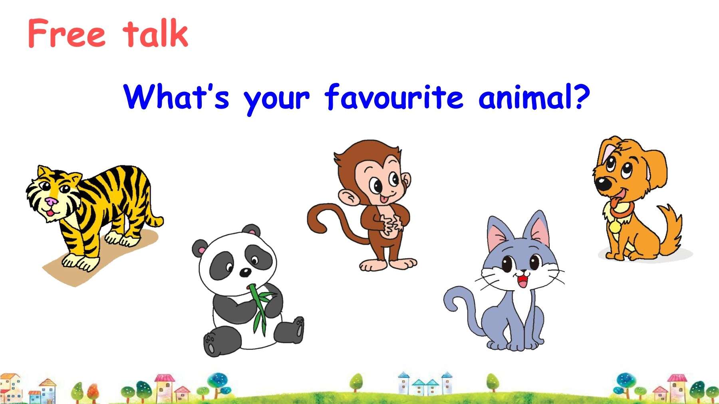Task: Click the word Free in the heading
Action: click(67, 33)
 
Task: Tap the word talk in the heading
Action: click(155, 33)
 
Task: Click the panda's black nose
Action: click(245, 273)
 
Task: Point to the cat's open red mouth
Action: click(522, 280)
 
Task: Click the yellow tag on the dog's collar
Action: click(615, 227)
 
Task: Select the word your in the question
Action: click(276, 100)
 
